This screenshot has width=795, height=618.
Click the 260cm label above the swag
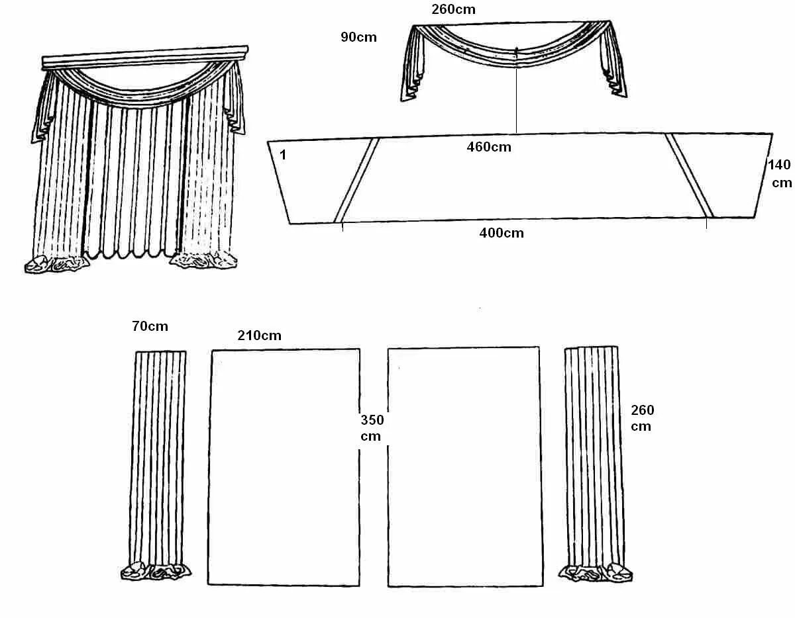(x=453, y=9)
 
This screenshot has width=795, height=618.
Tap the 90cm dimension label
(x=358, y=37)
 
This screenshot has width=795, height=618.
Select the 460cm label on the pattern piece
(x=489, y=147)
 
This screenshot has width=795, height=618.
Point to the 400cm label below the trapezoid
(x=502, y=232)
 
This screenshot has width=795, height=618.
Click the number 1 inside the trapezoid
(x=283, y=155)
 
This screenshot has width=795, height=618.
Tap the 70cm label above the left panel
(x=150, y=326)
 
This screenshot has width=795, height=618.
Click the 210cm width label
(x=259, y=335)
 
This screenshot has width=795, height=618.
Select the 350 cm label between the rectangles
(x=372, y=427)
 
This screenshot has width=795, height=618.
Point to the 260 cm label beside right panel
(x=642, y=418)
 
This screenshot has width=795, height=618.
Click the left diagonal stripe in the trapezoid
(x=356, y=179)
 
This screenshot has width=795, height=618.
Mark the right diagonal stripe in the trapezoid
(x=689, y=175)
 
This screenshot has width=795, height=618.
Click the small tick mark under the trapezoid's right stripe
(x=706, y=224)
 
